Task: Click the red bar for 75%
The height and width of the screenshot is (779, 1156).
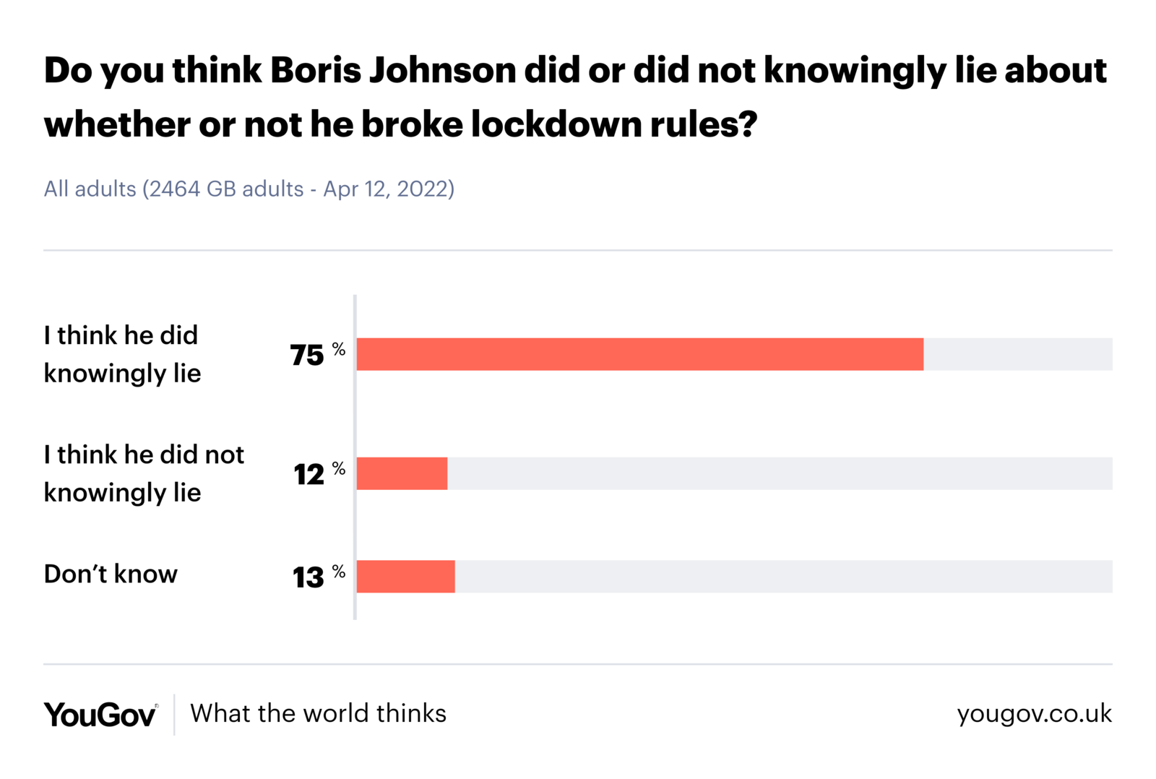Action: point(639,354)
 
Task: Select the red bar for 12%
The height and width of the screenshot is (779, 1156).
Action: point(402,473)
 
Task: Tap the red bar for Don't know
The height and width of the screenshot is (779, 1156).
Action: point(405,577)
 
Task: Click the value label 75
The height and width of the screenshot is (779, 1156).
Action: point(307,356)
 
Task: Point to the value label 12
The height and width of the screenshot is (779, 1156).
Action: point(309,475)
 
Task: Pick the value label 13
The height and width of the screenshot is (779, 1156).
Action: point(309,577)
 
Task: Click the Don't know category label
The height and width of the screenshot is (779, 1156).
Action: point(111,574)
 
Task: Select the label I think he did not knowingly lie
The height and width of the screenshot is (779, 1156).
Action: point(144,473)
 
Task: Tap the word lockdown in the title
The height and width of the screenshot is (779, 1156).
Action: point(556,124)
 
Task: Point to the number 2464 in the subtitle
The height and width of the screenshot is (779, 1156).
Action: point(175,189)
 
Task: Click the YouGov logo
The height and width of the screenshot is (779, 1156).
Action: point(100,715)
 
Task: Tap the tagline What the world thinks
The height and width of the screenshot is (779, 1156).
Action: point(318,713)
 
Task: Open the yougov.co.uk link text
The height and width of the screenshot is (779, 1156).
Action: point(1034,714)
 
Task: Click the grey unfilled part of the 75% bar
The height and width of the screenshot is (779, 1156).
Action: point(1017,354)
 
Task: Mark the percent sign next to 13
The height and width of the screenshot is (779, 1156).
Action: point(339,572)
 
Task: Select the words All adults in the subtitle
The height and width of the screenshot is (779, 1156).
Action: point(90,189)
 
